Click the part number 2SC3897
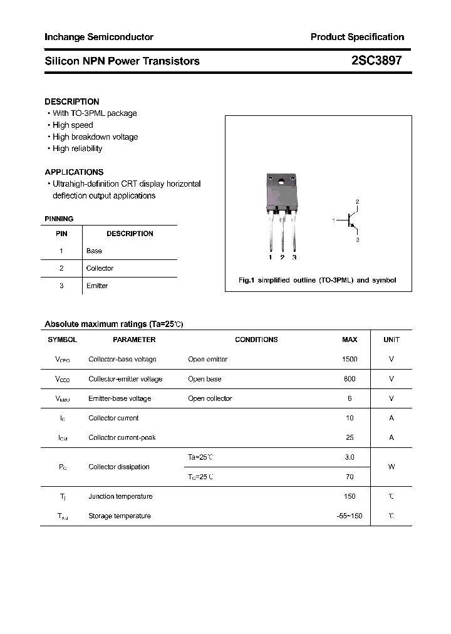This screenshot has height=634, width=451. pos(376,61)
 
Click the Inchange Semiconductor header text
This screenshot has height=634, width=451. pos(99,37)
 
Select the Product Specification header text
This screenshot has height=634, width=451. pos(357,37)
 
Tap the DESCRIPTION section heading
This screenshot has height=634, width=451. pos(72,101)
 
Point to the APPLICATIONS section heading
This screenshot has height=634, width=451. pos(74,172)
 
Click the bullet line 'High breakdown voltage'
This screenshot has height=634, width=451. pos(95,137)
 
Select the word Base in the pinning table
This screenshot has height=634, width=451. pos(94,251)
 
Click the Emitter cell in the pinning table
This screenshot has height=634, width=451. pos(97,286)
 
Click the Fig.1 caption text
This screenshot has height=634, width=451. pos(318,280)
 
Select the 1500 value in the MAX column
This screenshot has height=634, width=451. pos(350,359)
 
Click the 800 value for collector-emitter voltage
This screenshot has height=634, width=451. pos(350,379)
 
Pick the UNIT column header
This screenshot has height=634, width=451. pos(391,340)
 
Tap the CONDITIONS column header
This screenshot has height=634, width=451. pos(256,340)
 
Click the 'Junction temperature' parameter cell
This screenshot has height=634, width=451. pos(120,496)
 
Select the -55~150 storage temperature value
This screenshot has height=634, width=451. pos(350,516)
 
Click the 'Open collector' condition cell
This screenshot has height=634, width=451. pos(210,398)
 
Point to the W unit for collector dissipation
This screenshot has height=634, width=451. pos(391,467)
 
